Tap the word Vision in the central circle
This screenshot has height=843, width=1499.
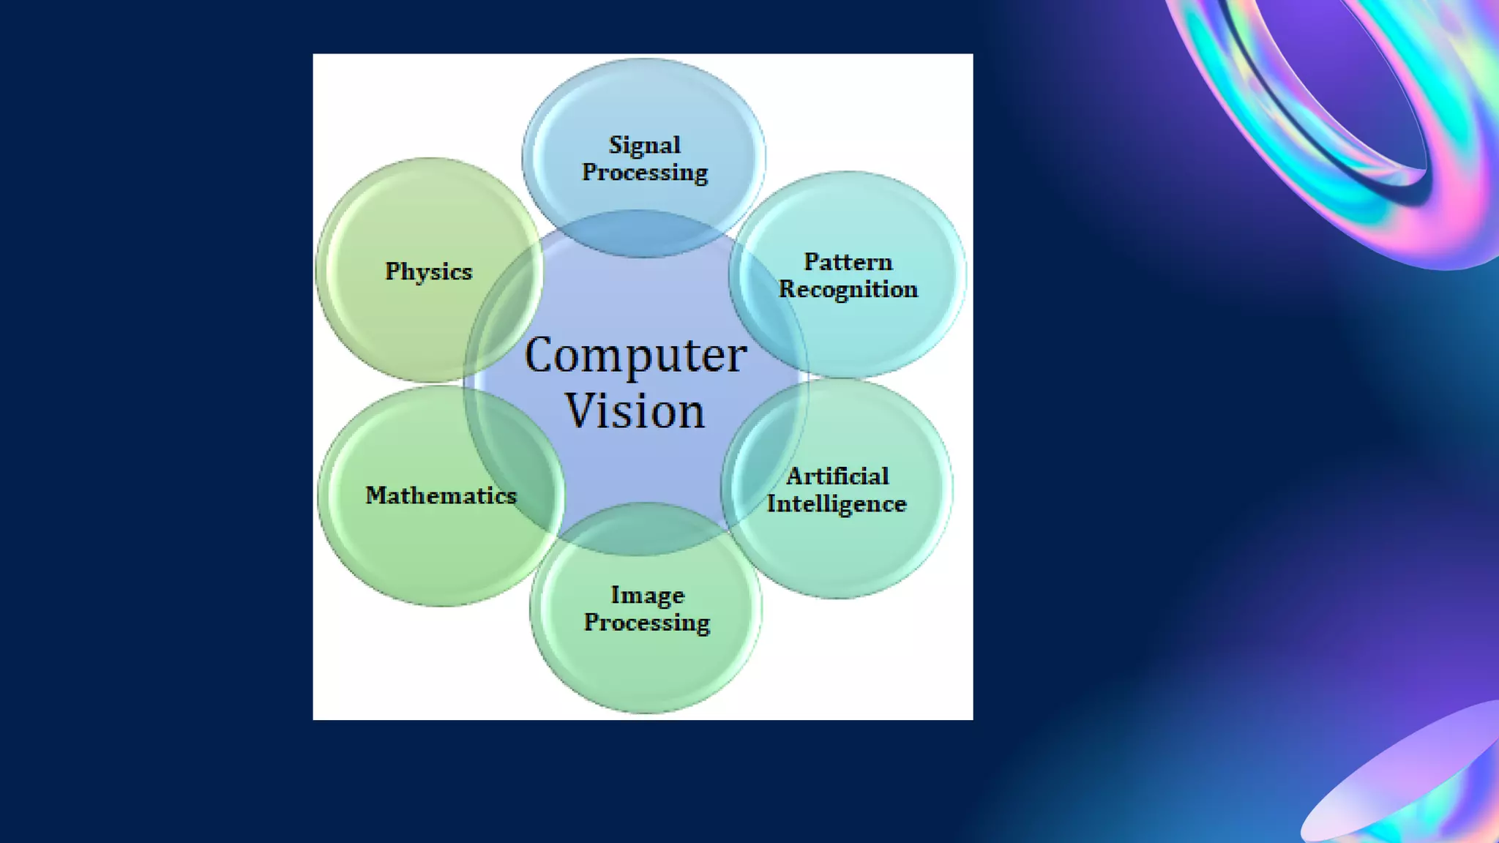[635, 411]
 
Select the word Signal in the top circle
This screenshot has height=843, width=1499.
[644, 146]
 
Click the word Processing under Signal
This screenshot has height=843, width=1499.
[644, 173]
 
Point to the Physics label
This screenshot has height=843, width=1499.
[429, 271]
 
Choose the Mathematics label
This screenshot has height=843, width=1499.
[441, 495]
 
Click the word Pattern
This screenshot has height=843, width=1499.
[848, 262]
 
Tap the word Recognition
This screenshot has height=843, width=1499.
[848, 290]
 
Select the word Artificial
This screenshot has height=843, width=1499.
[837, 476]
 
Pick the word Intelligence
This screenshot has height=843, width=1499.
[836, 504]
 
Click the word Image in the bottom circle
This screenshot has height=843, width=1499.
[647, 595]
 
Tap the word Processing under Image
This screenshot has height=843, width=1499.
[647, 623]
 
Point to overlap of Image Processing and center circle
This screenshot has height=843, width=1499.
[644, 528]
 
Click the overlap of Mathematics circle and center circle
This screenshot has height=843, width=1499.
[516, 468]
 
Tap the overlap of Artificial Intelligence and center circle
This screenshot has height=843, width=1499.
[761, 468]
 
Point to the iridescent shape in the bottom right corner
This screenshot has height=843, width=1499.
[1413, 790]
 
